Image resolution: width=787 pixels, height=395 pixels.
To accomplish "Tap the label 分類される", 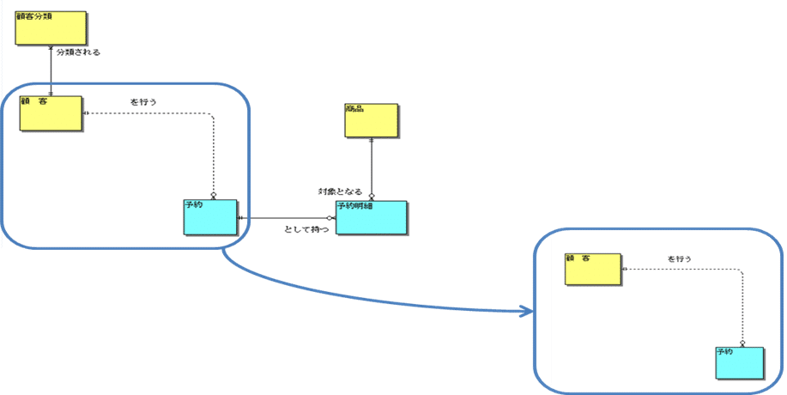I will click(78, 52).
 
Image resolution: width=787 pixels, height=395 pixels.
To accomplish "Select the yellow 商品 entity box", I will click(371, 121).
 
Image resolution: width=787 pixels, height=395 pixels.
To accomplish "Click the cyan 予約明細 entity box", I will click(372, 218).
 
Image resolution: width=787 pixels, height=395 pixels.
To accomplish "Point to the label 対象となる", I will click(340, 191).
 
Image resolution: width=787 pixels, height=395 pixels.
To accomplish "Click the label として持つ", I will click(306, 230).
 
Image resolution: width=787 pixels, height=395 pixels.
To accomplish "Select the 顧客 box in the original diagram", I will click(51, 113).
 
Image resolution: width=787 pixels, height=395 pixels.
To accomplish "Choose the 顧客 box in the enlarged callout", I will click(591, 270).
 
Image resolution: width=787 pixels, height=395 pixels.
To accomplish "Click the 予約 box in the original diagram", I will click(209, 217).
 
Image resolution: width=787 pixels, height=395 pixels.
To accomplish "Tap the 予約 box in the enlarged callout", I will click(739, 362).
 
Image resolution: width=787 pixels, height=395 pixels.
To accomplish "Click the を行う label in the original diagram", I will click(143, 102).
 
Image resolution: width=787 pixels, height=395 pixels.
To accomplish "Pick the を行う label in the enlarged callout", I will click(680, 258).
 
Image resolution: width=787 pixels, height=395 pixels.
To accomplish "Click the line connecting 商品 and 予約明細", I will click(372, 167).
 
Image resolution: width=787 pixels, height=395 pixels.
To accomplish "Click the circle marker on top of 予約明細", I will click(372, 197).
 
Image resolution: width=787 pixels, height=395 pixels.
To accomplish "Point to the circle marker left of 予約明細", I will click(330, 218).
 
